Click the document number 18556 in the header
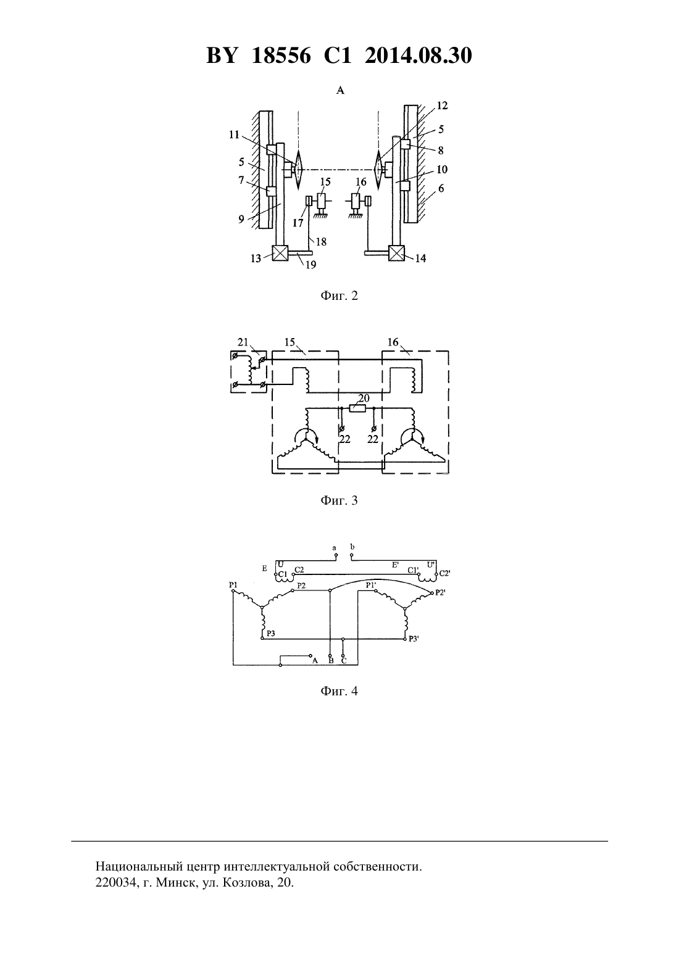coord(281,56)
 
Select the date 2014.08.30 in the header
coord(419,56)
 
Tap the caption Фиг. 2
coord(339,296)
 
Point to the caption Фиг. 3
coord(339,500)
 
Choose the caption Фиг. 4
coord(339,691)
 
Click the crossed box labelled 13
coord(280,253)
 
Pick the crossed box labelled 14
coord(396,253)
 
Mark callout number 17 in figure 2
coord(298,223)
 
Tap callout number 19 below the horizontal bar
coord(310,265)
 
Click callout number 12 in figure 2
coord(442,106)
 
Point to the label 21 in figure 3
coord(243,342)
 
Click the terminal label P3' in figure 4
coord(414,639)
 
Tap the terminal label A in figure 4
coord(315,661)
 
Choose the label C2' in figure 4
coord(444,573)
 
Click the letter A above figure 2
coord(340,90)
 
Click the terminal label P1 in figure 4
coord(233,584)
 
